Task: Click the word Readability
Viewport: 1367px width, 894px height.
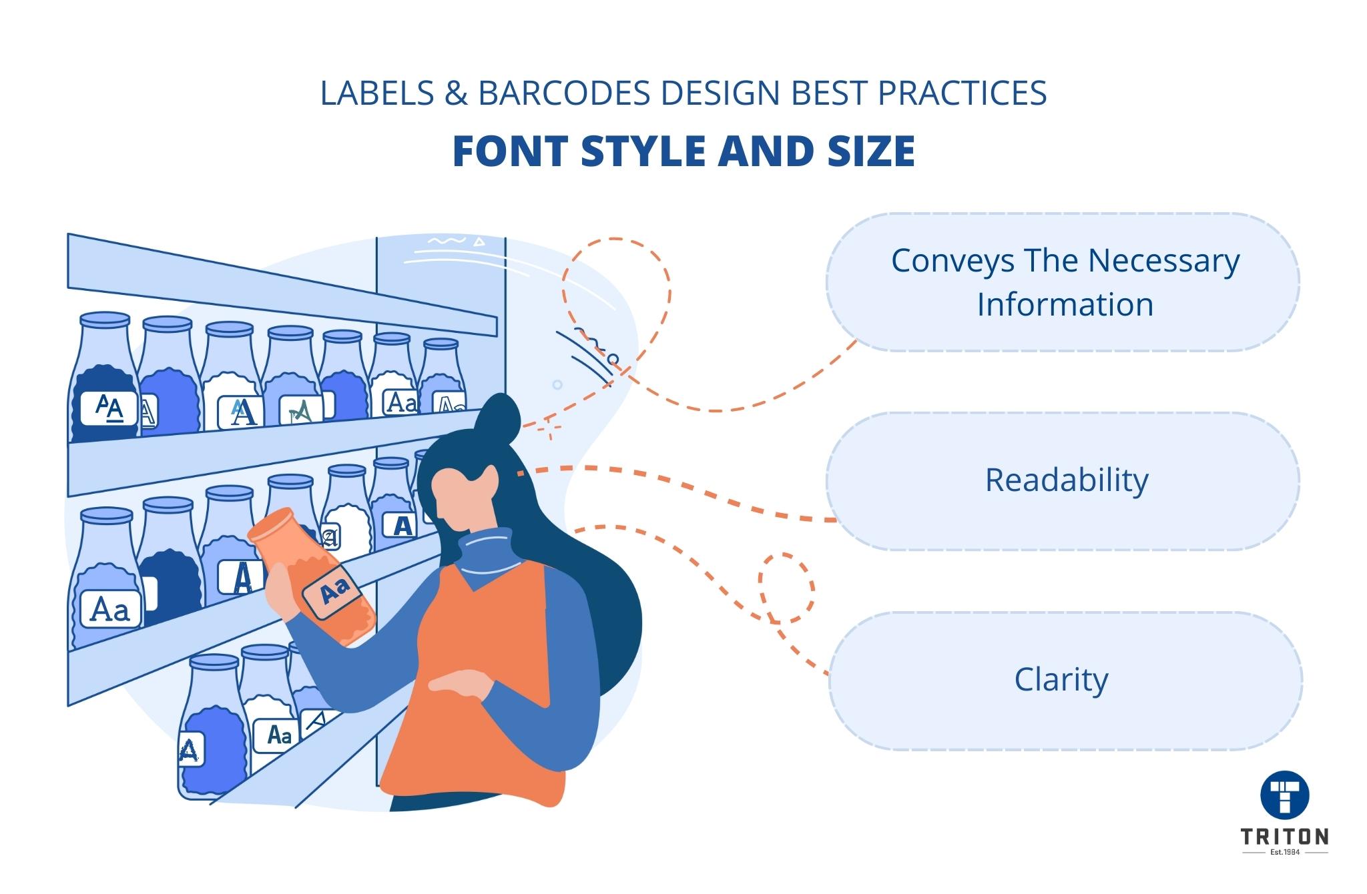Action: click(x=1066, y=480)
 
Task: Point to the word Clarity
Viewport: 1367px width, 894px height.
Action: click(x=1061, y=681)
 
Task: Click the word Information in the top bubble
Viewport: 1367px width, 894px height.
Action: click(x=1065, y=305)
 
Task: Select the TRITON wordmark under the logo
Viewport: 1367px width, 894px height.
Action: click(x=1284, y=837)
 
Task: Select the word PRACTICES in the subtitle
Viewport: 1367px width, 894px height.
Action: click(x=962, y=93)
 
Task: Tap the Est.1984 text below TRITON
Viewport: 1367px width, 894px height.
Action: click(x=1284, y=853)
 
